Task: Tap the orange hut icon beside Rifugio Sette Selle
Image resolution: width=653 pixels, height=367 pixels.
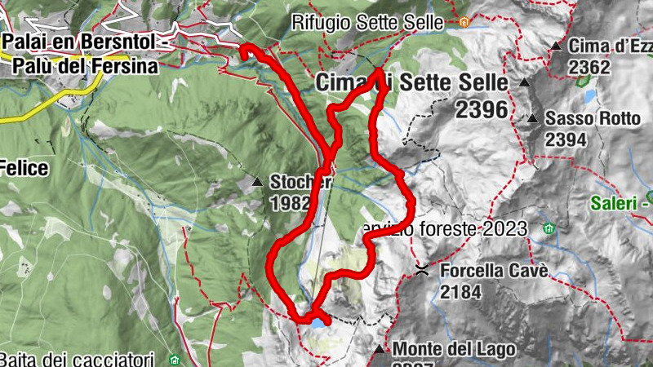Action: click(464, 23)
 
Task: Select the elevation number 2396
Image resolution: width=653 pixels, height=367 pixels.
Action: click(482, 109)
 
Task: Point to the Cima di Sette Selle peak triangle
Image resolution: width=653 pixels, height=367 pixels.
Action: click(524, 83)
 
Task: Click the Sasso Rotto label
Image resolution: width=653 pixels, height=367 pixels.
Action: click(593, 119)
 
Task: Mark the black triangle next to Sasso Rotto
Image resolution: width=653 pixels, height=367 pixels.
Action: click(532, 119)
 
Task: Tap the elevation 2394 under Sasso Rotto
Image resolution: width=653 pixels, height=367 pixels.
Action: click(566, 139)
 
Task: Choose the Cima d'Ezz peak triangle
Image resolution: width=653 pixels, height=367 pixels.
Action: click(556, 46)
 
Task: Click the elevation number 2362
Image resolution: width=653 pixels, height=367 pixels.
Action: click(589, 67)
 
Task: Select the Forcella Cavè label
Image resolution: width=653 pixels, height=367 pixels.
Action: click(493, 270)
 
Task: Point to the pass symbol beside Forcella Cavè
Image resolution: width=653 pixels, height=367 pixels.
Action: click(422, 270)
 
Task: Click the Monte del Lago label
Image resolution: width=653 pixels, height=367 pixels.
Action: click(455, 350)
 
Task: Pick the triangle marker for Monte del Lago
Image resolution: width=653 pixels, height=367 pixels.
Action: click(379, 350)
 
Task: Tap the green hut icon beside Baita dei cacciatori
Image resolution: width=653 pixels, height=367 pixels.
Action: click(174, 359)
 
